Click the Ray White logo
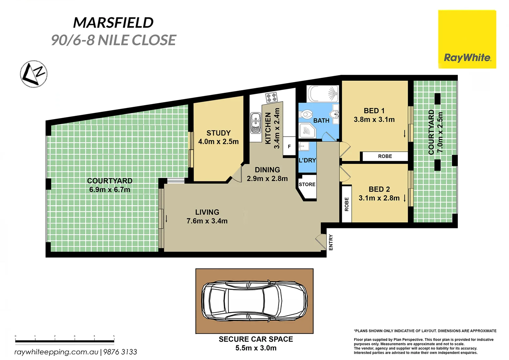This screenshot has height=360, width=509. point(467,39)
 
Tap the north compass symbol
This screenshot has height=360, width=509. point(34,74)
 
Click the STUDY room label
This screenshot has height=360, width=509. point(218,133)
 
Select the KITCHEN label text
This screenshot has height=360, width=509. point(268,128)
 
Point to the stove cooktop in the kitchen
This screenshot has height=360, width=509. point(271,97)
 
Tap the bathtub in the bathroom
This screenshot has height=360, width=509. point(322,94)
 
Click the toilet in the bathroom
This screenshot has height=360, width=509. point(305,114)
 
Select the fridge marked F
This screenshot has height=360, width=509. point(289,147)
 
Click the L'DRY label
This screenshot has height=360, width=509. point(307,160)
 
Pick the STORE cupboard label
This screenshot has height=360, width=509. point(307,184)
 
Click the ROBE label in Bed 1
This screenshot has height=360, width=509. point(385,156)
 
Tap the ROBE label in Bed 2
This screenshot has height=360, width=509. point(346,204)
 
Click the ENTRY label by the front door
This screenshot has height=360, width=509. point(331,242)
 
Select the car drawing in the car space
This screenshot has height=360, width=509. point(254,301)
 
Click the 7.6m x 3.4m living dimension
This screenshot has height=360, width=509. point(207,221)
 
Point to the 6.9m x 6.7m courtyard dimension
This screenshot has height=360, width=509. point(110,190)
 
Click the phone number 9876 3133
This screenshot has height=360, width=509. point(120,352)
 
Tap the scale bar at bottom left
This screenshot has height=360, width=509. point(65,341)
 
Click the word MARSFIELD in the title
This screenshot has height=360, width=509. point(113,23)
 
